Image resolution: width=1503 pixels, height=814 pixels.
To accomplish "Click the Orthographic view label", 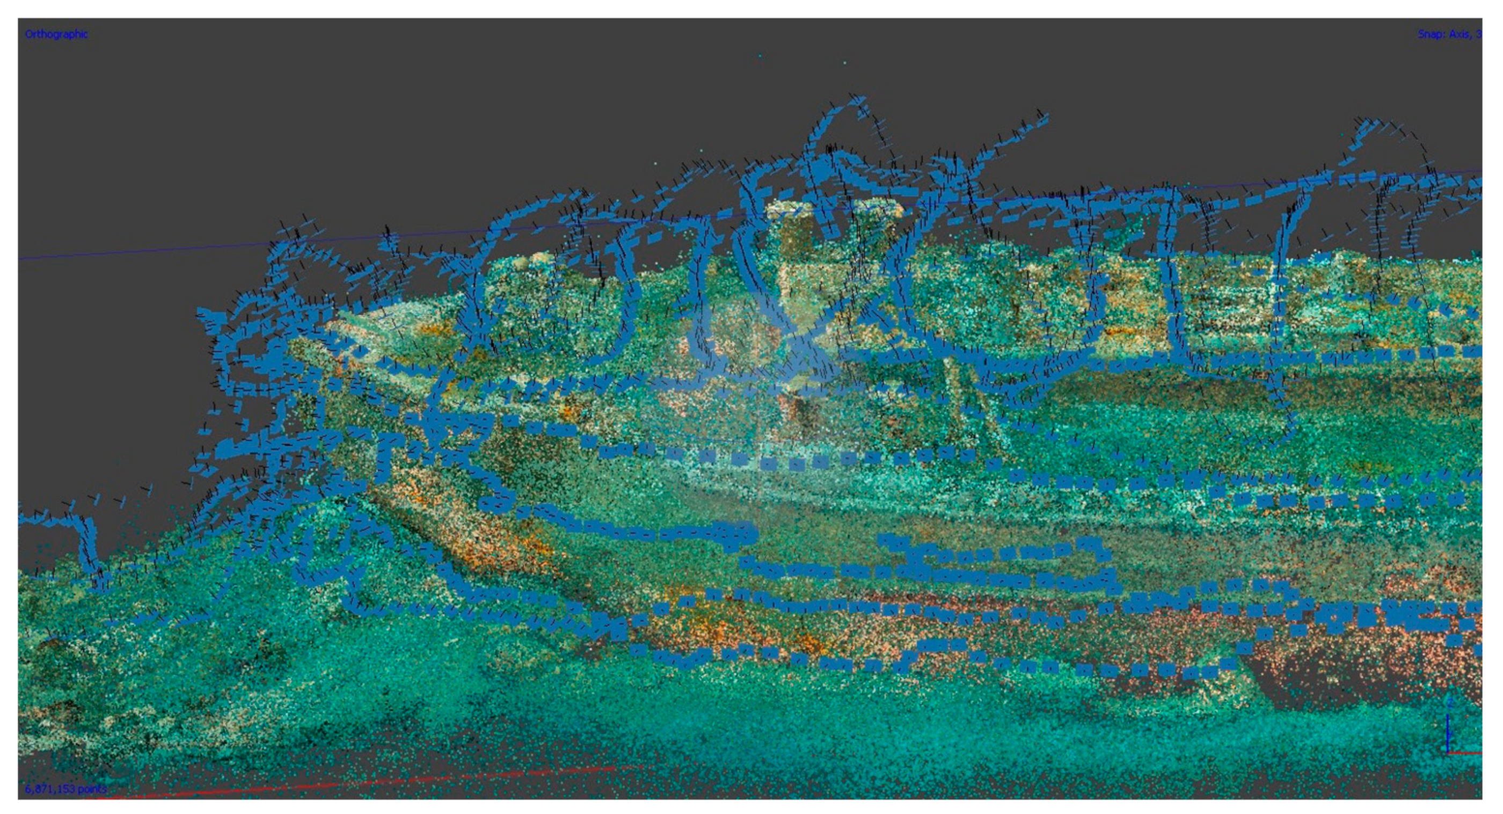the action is [x=56, y=34].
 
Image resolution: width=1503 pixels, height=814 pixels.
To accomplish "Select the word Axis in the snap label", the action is [x=1461, y=34].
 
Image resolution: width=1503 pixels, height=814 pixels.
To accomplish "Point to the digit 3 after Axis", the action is [x=1478, y=34].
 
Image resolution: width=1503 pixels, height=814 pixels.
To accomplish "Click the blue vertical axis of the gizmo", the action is [x=1448, y=732].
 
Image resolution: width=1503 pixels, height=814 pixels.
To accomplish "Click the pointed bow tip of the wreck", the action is [x=341, y=324].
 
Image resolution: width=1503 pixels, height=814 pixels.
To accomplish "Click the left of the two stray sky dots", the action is [x=760, y=56].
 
